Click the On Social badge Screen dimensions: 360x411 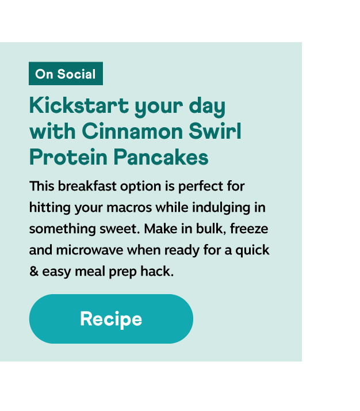tap(66, 74)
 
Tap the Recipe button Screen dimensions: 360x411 tap(111, 319)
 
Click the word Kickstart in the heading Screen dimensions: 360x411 tap(79, 105)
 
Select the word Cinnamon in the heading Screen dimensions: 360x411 tap(132, 131)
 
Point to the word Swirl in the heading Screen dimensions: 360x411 tap(215, 131)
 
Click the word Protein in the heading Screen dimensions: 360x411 tap(68, 157)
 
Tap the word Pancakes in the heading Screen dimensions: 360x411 tap(161, 157)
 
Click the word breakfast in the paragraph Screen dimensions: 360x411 tap(87, 186)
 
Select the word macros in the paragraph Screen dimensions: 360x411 tap(129, 208)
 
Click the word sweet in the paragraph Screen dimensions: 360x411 tap(120, 229)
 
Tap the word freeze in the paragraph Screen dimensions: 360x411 tap(249, 229)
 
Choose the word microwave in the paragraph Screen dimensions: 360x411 tap(90, 250)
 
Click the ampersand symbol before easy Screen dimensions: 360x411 tap(34, 271)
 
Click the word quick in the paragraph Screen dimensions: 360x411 tap(252, 250)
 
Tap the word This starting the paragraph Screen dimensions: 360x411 tap(41, 186)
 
